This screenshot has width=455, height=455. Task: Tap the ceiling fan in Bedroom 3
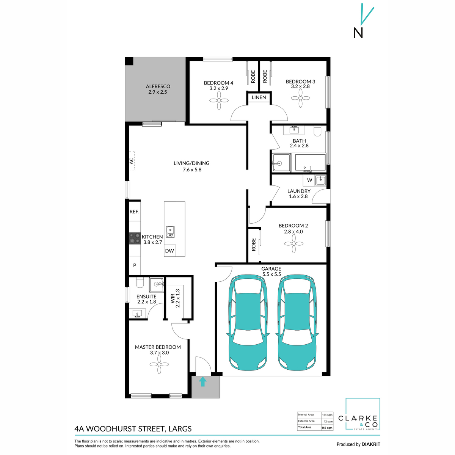pos(300,98)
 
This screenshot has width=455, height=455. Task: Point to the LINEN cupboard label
pos(259,97)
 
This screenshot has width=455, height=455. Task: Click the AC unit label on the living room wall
pos(132,161)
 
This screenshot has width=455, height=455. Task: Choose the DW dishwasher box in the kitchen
pos(169,251)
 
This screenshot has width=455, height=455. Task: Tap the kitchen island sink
pos(170,231)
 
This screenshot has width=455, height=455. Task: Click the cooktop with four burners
pos(135,238)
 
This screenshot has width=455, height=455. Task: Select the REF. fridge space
pos(135,212)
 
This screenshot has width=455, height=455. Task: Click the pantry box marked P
pos(135,266)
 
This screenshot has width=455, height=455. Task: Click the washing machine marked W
pos(309,180)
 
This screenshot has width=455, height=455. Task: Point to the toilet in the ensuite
pos(139,282)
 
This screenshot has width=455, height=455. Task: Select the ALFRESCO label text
pos(158,86)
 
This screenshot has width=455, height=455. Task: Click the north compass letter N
pos(358,33)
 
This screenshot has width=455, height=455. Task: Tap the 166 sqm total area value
pos(327,427)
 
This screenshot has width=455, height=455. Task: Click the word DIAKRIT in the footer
pos(370,444)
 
